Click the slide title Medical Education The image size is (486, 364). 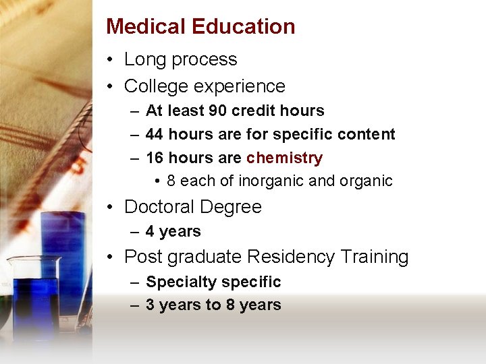[200, 26]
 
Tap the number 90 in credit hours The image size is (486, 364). [217, 111]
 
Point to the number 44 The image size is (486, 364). [155, 134]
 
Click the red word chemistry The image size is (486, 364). [284, 158]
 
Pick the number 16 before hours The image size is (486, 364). [155, 158]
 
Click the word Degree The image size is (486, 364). [232, 207]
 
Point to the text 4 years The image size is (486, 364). [173, 231]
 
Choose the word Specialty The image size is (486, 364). [180, 282]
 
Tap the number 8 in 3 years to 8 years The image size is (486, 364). [230, 305]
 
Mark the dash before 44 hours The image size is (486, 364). [134, 135]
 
